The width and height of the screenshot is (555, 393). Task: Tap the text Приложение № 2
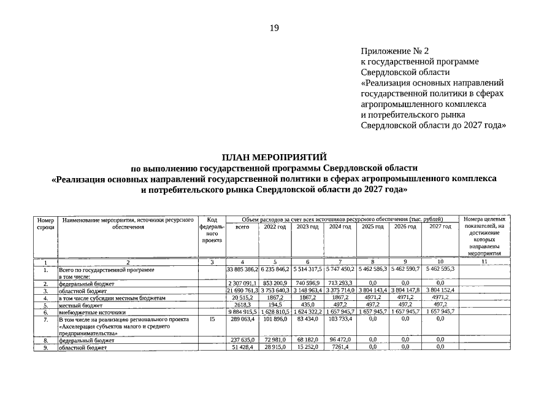tap(395, 51)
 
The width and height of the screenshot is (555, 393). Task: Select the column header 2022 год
tap(275, 227)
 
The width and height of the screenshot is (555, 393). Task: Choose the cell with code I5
tap(211, 319)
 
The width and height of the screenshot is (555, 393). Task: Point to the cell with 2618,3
tap(242, 305)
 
